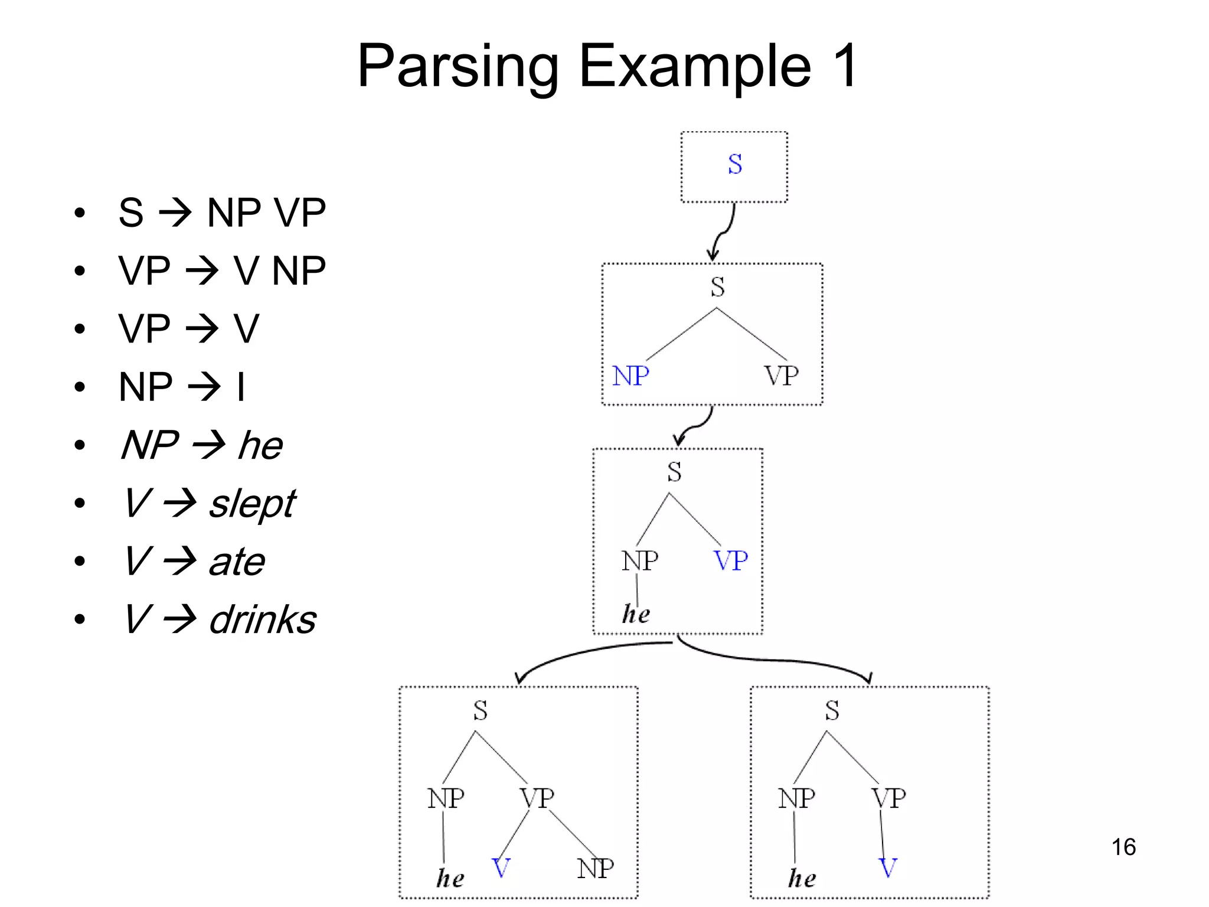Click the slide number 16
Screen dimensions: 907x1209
pyautogui.click(x=1123, y=847)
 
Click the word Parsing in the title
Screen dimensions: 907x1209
pyautogui.click(x=458, y=66)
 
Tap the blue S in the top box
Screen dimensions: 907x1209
pyautogui.click(x=734, y=164)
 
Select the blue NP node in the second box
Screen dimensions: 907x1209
pyautogui.click(x=630, y=376)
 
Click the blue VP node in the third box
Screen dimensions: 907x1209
pyautogui.click(x=730, y=560)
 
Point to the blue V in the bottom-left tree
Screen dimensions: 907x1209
pyautogui.click(x=500, y=867)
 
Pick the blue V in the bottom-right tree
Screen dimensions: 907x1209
pyautogui.click(x=887, y=867)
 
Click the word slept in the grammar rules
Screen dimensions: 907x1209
pyautogui.click(x=252, y=504)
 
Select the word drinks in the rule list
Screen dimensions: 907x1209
pyautogui.click(x=263, y=619)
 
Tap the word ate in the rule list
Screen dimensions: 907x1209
pyautogui.click(x=237, y=562)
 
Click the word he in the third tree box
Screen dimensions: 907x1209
pyautogui.click(x=636, y=614)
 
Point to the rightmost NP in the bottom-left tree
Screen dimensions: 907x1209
pyautogui.click(x=595, y=869)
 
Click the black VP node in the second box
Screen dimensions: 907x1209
pyautogui.click(x=781, y=376)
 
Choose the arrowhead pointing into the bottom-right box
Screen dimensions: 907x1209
pyautogui.click(x=868, y=679)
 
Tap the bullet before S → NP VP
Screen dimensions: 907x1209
pyautogui.click(x=80, y=213)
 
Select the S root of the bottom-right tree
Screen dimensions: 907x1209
pyautogui.click(x=832, y=710)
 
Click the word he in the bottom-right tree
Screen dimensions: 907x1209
pyautogui.click(x=802, y=878)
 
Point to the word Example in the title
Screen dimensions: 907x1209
pyautogui.click(x=695, y=66)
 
